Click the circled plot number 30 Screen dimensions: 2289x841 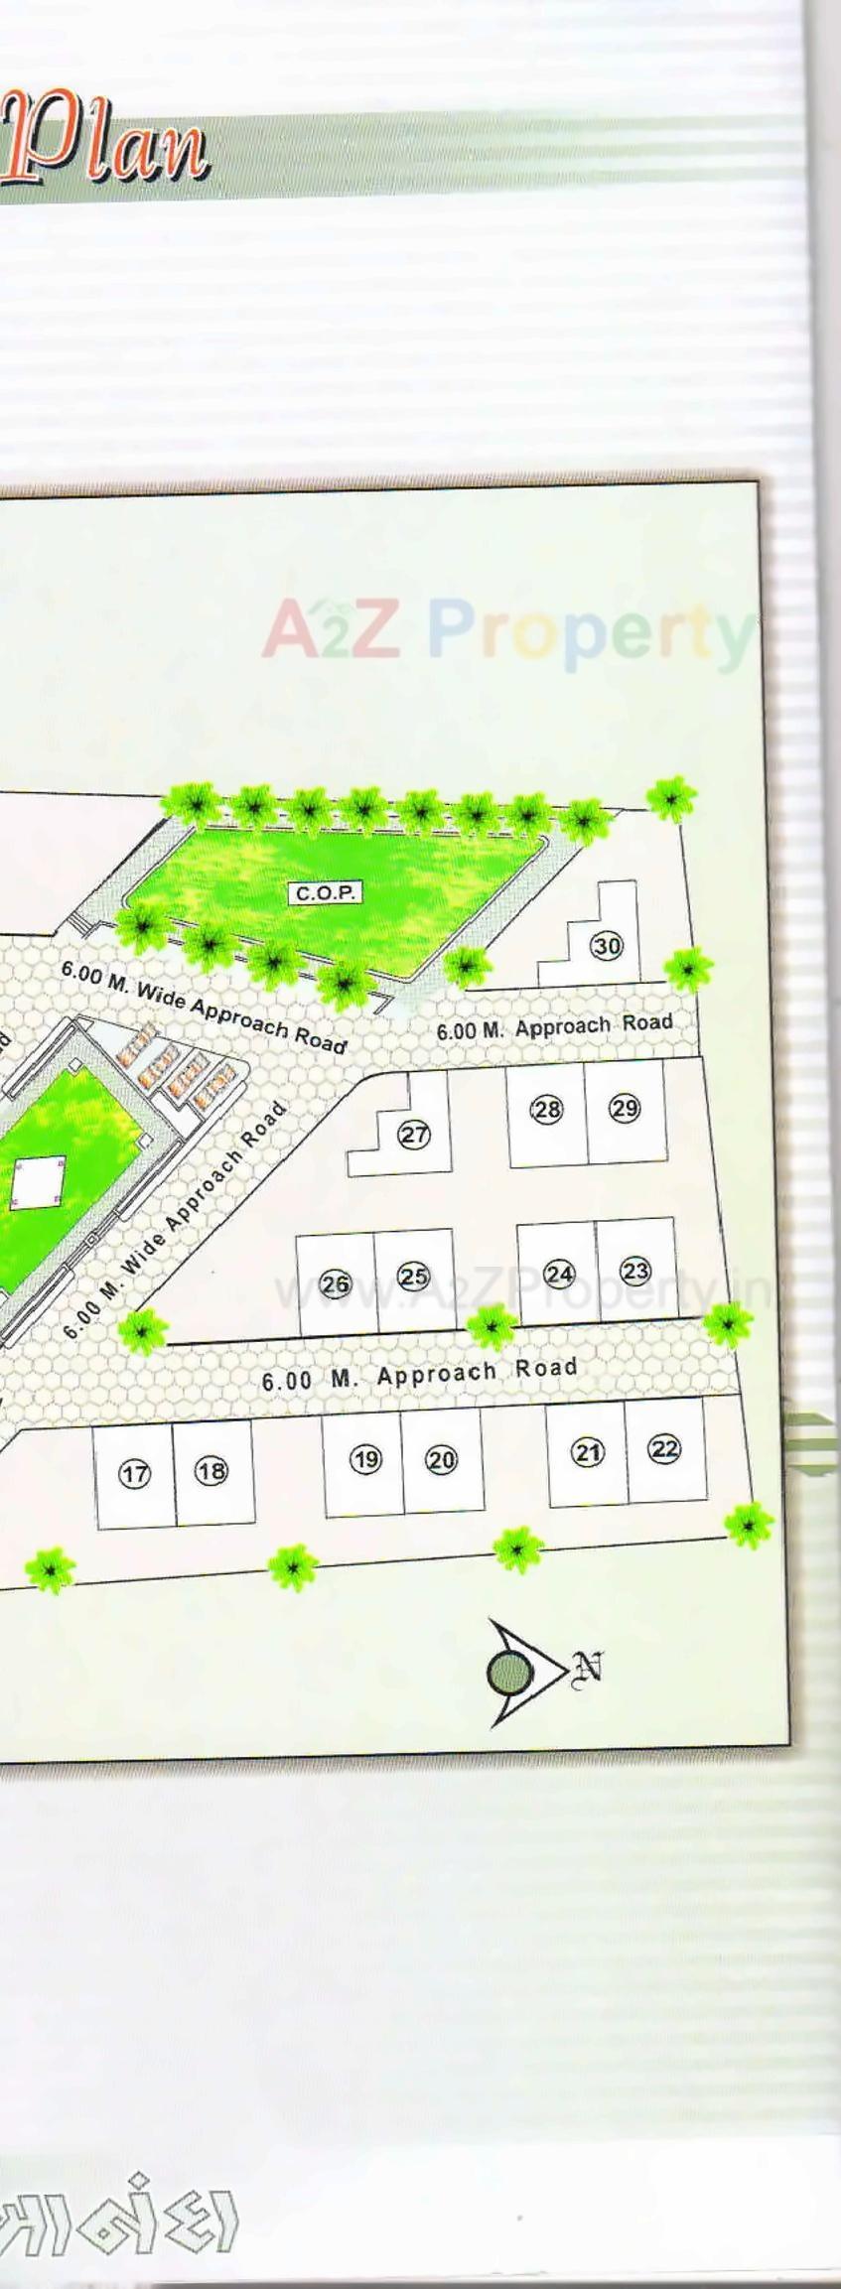(607, 946)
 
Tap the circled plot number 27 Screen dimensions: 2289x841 (414, 1135)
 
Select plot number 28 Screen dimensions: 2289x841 (546, 1109)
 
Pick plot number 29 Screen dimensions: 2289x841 (625, 1108)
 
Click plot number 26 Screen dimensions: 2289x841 (335, 1284)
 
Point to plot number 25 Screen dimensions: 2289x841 (413, 1277)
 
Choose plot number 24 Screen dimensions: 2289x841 (559, 1274)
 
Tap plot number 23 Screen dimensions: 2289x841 (635, 1270)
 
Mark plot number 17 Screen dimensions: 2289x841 (134, 1474)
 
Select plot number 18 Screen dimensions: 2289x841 (210, 1470)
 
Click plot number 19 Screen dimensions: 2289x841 (365, 1459)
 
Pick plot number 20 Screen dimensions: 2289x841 (441, 1459)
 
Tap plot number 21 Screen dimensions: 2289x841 (588, 1453)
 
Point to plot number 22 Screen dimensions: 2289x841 (664, 1449)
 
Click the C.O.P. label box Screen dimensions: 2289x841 (326, 893)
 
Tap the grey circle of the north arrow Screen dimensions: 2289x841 (508, 1675)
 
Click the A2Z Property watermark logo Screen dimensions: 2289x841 (506, 632)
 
